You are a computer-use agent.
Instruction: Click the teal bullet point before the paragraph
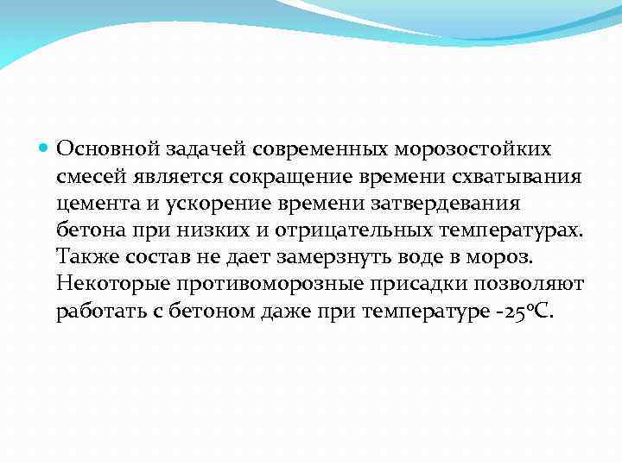point(46,148)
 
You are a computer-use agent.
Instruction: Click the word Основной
point(99,148)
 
